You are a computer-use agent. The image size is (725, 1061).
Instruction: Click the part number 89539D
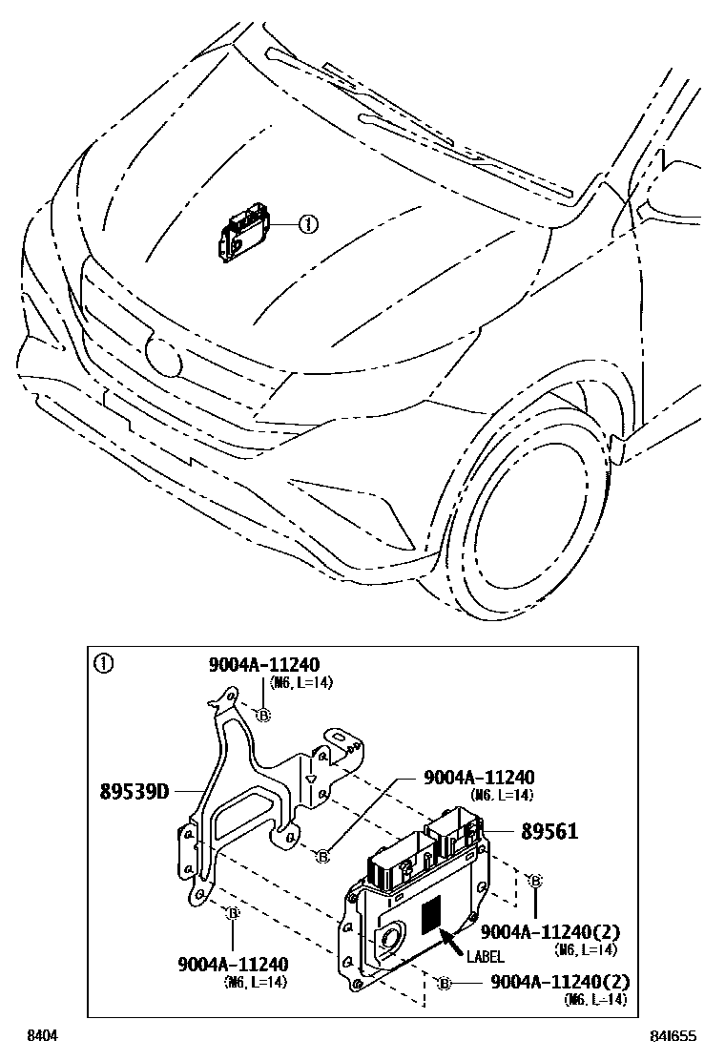(134, 791)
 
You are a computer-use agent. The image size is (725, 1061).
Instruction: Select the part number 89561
(549, 831)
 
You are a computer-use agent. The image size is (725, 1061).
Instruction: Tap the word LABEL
(486, 956)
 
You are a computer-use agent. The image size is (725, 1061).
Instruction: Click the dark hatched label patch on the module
(432, 914)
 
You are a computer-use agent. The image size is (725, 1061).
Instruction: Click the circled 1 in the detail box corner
(102, 663)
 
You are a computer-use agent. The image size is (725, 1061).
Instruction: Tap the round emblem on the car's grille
(163, 357)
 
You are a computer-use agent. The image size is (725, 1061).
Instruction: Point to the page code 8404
(41, 1036)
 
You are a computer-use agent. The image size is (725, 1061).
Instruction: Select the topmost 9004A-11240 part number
(264, 664)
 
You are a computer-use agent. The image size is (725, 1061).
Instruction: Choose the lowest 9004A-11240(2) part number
(560, 982)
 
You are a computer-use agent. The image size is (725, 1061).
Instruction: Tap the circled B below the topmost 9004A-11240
(264, 715)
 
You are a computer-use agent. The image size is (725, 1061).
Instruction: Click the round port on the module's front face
(389, 939)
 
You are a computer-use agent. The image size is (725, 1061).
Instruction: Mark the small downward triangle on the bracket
(310, 780)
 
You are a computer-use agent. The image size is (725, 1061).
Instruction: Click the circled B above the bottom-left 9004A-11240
(232, 914)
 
